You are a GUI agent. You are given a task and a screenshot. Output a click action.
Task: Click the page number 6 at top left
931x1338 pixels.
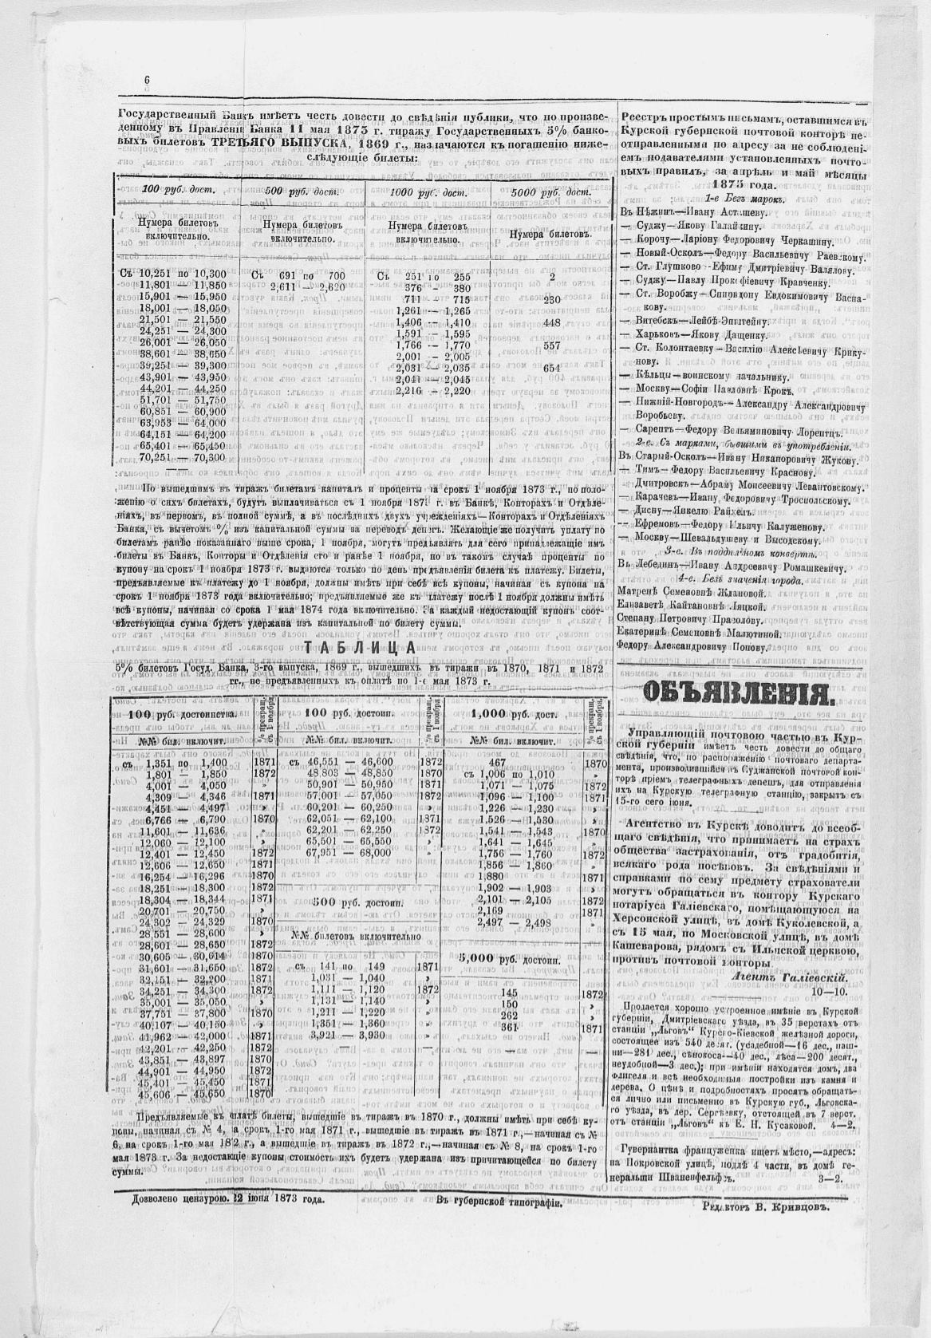(x=148, y=80)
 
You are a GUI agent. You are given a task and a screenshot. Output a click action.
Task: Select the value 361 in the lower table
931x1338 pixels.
(x=508, y=1028)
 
